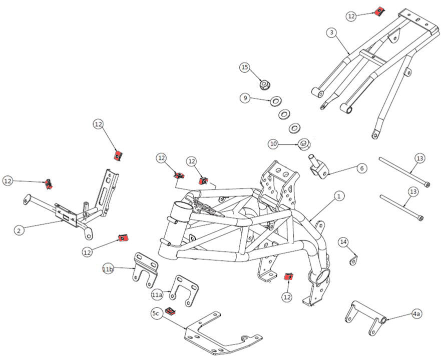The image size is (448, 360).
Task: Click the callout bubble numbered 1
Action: [x=339, y=196]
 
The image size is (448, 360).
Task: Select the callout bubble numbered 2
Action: [x=19, y=230]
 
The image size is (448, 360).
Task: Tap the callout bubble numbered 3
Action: [x=331, y=32]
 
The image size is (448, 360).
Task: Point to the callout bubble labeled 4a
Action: [x=416, y=314]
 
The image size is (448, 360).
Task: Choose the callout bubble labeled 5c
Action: [x=156, y=313]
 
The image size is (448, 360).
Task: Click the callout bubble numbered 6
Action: [x=361, y=168]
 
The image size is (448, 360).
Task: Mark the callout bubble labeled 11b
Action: [x=108, y=269]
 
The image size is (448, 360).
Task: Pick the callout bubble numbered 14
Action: [x=343, y=242]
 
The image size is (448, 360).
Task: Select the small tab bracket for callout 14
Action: [x=354, y=259]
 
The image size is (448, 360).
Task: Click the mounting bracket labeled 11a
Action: [x=184, y=290]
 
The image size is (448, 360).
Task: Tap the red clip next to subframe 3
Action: [x=380, y=11]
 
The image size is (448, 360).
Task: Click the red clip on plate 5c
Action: [x=171, y=312]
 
